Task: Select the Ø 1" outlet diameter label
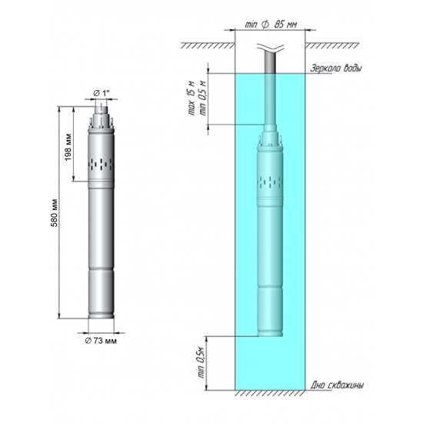(101, 93)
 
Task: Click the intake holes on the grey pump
(102, 163)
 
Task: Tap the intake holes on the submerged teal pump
(270, 182)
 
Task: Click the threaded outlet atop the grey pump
(102, 115)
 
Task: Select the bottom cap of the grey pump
(102, 315)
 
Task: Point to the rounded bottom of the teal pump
(270, 333)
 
